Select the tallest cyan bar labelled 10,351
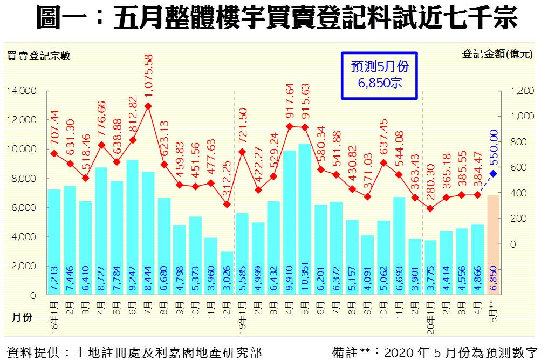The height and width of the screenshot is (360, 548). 305,216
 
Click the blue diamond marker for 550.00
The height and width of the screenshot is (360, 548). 493,174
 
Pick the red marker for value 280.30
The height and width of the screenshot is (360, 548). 430,208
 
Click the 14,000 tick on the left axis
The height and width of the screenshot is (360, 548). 22,91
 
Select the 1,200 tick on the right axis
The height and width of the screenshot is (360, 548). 522,91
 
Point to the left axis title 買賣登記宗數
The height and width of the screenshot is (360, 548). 38,56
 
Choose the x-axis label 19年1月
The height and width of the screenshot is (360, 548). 242,314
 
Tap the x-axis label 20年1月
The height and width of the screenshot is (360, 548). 430,314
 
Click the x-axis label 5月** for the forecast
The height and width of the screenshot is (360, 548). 493,311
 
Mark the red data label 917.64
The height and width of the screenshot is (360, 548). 289,103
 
